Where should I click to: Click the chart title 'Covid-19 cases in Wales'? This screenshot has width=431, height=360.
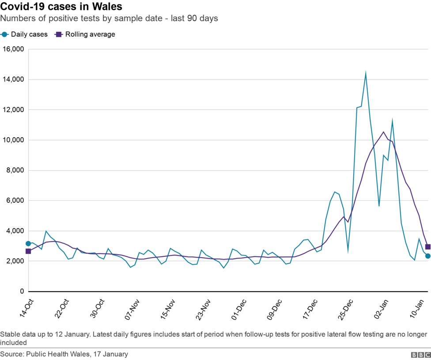click(61, 7)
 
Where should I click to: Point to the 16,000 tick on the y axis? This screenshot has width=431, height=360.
click(13, 49)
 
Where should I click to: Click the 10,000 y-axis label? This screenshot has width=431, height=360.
click(13, 140)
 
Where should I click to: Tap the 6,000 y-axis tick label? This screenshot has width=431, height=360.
click(15, 200)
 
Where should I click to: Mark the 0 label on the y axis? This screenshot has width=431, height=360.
click(21, 292)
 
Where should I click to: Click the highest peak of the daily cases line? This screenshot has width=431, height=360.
click(366, 72)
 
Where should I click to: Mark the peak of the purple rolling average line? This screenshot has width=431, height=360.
click(383, 132)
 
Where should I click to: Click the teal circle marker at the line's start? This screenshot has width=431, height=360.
click(28, 244)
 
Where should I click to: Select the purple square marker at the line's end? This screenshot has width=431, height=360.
click(427, 247)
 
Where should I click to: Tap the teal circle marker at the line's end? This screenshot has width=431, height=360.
click(427, 256)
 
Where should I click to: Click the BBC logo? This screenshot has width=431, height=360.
click(420, 355)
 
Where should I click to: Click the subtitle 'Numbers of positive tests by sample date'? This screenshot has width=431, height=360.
click(88, 19)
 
